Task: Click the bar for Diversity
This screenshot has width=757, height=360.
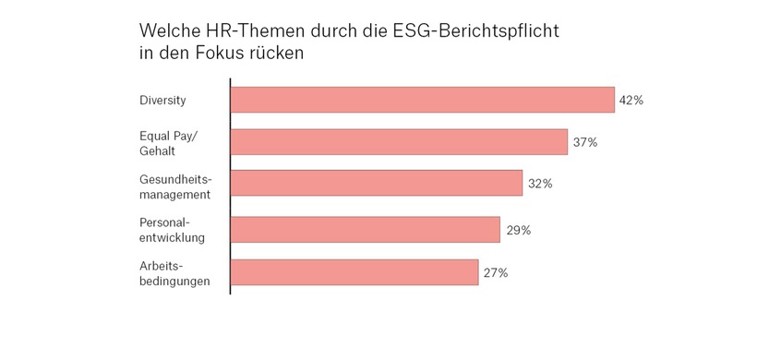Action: point(422,100)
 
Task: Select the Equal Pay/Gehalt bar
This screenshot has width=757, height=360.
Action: point(398,142)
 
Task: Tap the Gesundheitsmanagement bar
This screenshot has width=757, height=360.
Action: point(376,184)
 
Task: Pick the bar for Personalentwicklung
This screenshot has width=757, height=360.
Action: point(365,230)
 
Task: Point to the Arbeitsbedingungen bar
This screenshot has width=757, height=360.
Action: point(354,272)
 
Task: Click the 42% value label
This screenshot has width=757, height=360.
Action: point(631,100)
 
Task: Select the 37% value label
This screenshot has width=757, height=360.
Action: point(585,142)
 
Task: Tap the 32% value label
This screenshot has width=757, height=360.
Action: point(540,184)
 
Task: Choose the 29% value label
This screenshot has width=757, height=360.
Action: point(518,230)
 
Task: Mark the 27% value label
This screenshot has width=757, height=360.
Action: point(496,272)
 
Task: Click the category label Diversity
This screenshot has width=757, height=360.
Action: point(162,100)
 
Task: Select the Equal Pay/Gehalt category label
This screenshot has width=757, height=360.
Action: point(165,142)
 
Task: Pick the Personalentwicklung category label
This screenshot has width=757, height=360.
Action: point(172,230)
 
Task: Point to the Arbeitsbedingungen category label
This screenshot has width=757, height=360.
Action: point(174,272)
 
